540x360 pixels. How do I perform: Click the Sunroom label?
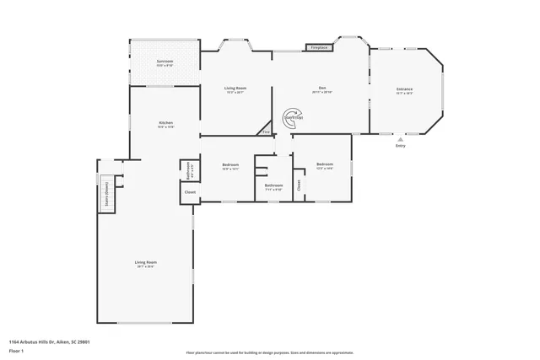pos(165,62)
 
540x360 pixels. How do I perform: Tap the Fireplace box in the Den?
pos(319,48)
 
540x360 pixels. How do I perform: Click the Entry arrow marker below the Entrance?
pos(400,139)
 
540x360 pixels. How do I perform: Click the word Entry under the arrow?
pos(400,147)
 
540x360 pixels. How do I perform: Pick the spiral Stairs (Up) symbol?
pos(292,118)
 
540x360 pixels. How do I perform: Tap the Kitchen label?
pos(166,124)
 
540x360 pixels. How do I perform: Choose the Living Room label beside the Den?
pos(235,89)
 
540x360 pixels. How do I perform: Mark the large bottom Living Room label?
pos(146,263)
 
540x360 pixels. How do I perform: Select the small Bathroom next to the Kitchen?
pos(188,168)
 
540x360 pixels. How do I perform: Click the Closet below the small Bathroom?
pos(190,193)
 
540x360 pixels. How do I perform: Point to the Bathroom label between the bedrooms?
pos(273,185)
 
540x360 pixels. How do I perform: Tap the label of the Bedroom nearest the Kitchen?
pos(230,165)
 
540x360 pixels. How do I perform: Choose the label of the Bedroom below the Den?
pos(325,164)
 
